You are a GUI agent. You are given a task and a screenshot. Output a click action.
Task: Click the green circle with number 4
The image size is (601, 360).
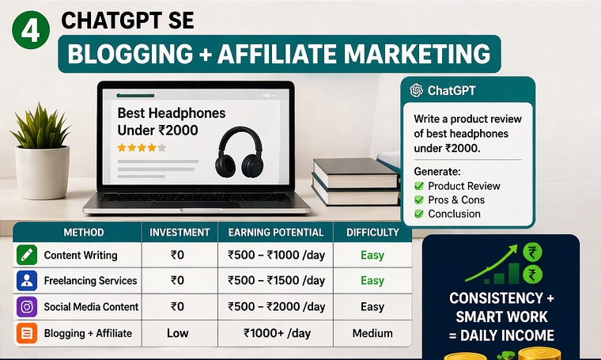coord(30,32)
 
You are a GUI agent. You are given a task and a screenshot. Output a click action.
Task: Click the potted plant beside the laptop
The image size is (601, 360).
coord(41,150)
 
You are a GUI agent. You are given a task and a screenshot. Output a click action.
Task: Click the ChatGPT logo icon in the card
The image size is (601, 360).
coord(416,90)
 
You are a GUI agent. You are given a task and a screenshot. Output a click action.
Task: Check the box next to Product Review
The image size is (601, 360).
coord(419,186)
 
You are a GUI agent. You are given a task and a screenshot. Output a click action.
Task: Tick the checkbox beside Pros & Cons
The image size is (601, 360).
coord(419,200)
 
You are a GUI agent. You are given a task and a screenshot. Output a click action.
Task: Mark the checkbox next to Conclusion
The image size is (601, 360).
coord(419,214)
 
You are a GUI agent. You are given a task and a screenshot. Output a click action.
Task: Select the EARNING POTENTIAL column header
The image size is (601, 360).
coord(275,233)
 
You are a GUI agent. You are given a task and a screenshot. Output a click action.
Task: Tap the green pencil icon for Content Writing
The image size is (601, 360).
coord(27,256)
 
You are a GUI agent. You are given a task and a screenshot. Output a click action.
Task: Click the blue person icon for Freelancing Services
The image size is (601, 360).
coord(27,281)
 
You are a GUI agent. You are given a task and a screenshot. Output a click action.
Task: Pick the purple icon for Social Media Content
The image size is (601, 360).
coord(27,307)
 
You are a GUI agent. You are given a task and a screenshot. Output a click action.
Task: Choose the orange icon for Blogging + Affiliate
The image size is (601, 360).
coord(27,333)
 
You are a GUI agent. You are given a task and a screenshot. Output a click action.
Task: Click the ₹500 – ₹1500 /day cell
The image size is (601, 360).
coord(276,281)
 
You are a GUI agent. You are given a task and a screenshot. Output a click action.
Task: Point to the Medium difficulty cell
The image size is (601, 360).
coord(372,333)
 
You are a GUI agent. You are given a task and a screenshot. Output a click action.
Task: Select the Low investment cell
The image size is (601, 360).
coord(178,333)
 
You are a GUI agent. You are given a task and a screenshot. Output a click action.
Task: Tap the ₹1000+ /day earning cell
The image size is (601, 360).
coord(276,333)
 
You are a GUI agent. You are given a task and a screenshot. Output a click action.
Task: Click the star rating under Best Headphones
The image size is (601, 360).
coord(142,147)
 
